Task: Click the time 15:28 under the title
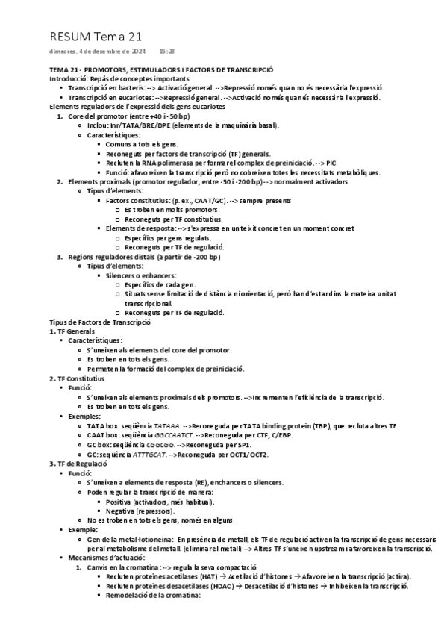pos(167,51)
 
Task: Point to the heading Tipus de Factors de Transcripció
pos(100,322)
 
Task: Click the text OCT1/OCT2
pos(251,454)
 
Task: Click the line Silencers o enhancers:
pos(141,275)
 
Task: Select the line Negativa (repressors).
pos(141,511)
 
